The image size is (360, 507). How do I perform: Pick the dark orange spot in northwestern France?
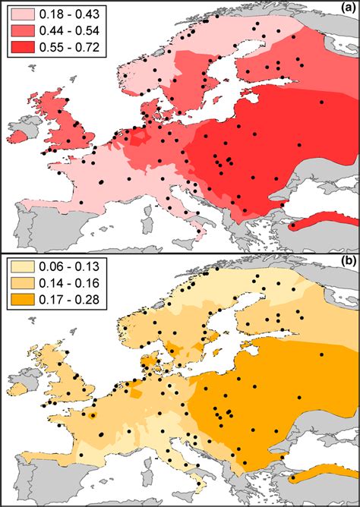click(92, 416)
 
